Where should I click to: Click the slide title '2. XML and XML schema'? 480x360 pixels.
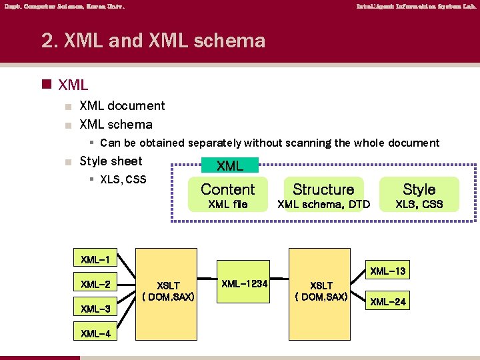[x=153, y=41]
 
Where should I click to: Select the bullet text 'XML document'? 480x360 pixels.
[x=122, y=105]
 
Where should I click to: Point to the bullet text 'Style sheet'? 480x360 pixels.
[x=111, y=161]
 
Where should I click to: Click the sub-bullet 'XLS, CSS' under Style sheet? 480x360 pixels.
[x=123, y=179]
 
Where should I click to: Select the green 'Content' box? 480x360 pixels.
[x=228, y=189]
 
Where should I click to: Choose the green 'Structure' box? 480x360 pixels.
[x=323, y=189]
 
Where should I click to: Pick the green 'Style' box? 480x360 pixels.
[x=419, y=189]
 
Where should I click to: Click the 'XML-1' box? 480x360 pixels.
[x=95, y=259]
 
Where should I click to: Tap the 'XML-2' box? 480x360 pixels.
[x=95, y=284]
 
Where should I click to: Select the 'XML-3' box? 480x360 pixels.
[x=95, y=309]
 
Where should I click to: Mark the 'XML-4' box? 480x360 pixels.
[x=95, y=333]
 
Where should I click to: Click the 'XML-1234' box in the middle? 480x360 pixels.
[x=245, y=284]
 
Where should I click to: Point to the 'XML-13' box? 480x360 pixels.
[x=388, y=271]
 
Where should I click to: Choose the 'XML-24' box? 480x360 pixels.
[x=388, y=302]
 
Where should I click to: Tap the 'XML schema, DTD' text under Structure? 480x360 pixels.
[x=323, y=204]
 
